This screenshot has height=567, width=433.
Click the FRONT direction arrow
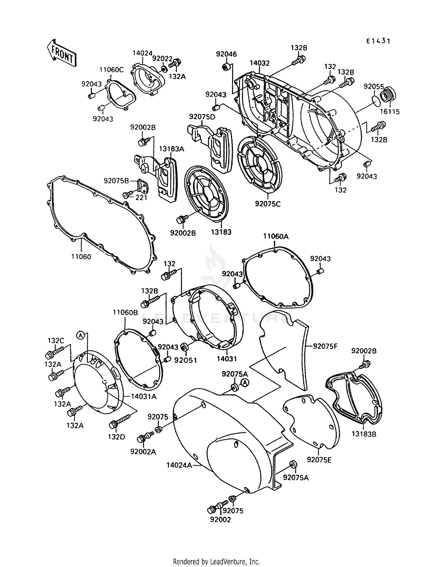click(61, 53)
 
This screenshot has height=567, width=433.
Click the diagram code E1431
click(378, 41)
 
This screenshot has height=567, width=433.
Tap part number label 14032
click(260, 63)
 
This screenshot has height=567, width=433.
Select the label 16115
click(390, 112)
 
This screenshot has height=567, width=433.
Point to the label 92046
click(226, 54)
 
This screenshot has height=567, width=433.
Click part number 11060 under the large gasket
click(81, 257)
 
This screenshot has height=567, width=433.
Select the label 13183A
click(171, 149)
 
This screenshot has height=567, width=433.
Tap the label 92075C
click(268, 204)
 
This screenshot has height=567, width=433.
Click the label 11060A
click(276, 236)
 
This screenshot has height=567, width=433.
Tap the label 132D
click(116, 437)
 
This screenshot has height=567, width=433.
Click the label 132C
click(56, 340)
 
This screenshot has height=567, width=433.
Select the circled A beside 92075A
click(245, 383)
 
